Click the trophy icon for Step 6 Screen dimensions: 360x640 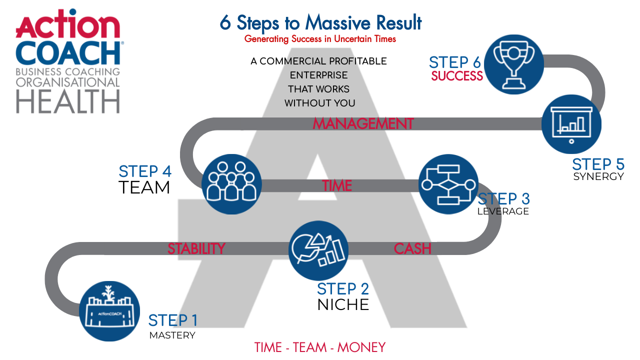(514, 64)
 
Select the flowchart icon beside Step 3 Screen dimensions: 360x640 (448, 184)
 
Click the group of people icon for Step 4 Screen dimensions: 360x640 (231, 184)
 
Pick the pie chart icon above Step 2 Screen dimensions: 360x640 (318, 250)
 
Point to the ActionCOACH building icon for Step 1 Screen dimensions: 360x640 (110, 311)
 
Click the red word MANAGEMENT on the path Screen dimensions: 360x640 (363, 123)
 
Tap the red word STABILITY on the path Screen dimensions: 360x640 (196, 248)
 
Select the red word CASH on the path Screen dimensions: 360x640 (412, 248)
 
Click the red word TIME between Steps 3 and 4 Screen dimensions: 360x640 (337, 186)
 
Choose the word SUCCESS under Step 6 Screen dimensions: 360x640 (457, 76)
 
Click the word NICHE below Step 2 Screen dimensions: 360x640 (343, 304)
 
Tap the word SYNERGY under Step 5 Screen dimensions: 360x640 (598, 176)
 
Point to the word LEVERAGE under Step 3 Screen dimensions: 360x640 (503, 211)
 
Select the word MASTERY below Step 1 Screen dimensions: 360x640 (172, 335)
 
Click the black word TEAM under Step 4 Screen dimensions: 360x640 (144, 188)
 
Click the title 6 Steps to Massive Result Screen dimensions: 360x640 (320, 22)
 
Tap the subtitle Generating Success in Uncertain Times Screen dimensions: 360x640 (320, 39)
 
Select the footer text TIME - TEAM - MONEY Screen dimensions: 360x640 (320, 347)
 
